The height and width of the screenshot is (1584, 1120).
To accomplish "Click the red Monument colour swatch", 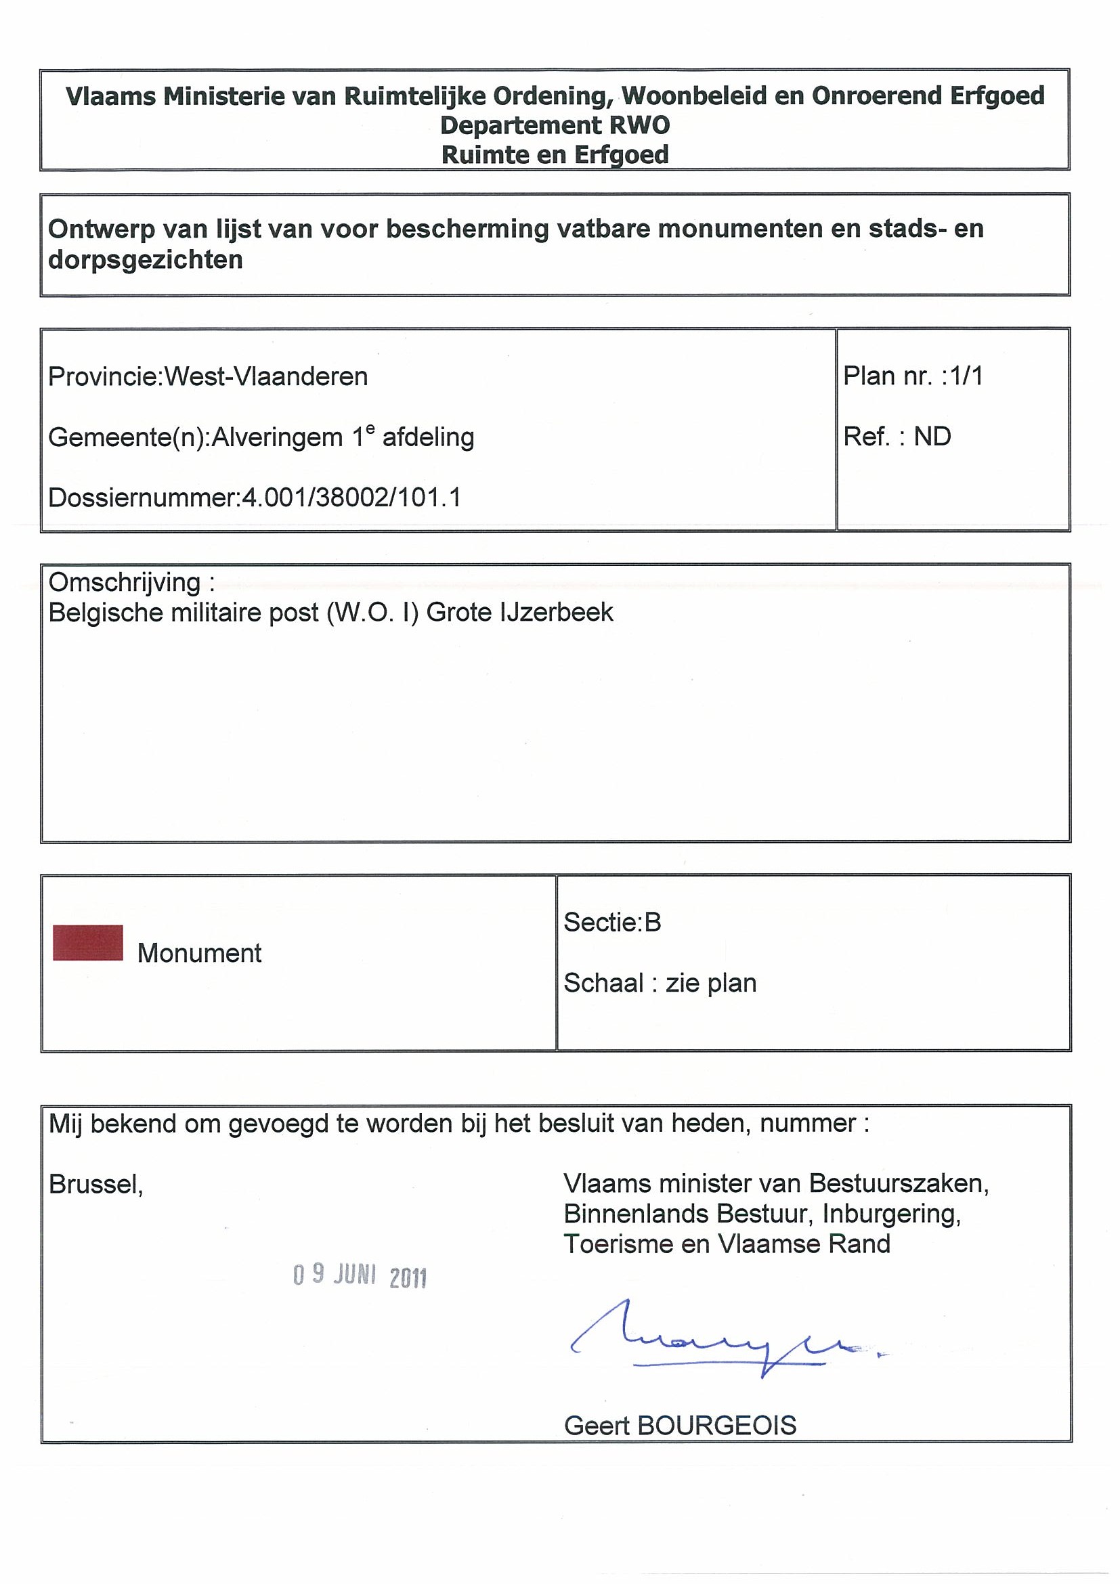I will (87, 942).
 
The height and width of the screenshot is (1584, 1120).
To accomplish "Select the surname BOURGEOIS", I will (717, 1426).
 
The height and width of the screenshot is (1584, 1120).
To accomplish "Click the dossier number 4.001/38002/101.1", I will (351, 498).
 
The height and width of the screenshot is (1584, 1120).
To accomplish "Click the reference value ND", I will (932, 437).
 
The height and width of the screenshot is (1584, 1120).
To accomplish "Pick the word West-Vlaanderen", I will (266, 376).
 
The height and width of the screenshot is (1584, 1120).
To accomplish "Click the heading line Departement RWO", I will (555, 125).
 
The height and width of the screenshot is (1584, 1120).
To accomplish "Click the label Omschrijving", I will (124, 583).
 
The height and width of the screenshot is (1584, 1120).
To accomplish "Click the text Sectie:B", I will (612, 923).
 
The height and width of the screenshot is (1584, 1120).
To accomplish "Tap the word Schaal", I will (603, 983).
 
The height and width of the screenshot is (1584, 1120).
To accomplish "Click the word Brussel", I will (95, 1185).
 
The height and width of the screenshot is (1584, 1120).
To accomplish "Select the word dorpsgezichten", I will (146, 260).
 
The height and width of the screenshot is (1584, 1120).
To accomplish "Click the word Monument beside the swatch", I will (200, 953).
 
